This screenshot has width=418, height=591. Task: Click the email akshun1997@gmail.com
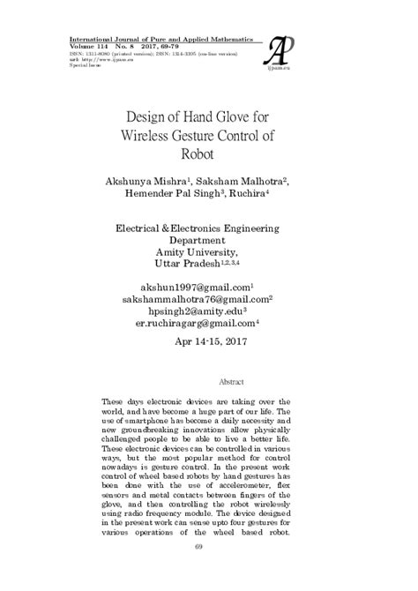tap(205, 288)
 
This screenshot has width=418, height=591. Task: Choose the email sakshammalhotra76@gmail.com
tap(206, 300)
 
